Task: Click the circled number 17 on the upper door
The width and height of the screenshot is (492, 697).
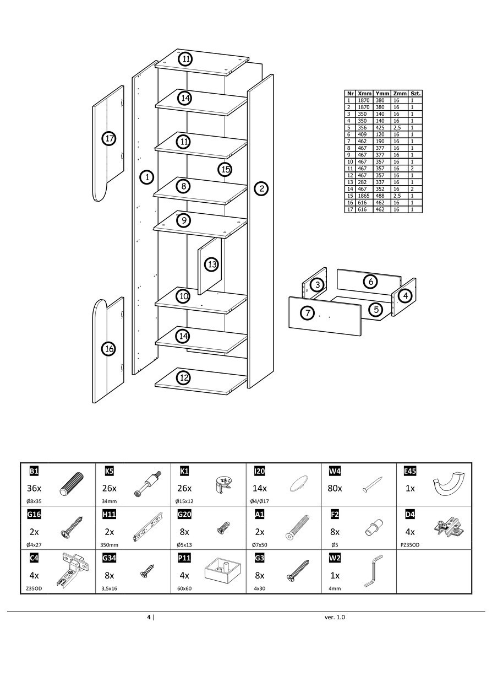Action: pyautogui.click(x=109, y=138)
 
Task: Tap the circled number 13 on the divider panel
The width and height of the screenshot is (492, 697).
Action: pyautogui.click(x=212, y=265)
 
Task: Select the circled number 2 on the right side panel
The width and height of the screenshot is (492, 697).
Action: pyautogui.click(x=261, y=189)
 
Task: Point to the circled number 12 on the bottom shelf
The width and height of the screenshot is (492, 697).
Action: pyautogui.click(x=184, y=377)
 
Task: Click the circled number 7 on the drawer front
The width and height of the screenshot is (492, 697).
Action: pyautogui.click(x=307, y=313)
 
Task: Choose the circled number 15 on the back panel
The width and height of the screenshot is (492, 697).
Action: pyautogui.click(x=225, y=169)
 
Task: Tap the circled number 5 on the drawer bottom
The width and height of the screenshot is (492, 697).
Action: pyautogui.click(x=376, y=309)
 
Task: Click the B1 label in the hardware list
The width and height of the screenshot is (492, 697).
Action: pyautogui.click(x=34, y=471)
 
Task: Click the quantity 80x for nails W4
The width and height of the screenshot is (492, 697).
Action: pyautogui.click(x=335, y=488)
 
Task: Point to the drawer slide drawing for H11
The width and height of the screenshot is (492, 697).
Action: pyautogui.click(x=149, y=528)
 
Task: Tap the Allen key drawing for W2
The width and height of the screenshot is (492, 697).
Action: pyautogui.click(x=373, y=571)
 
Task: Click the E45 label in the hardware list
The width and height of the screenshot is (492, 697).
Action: pyautogui.click(x=410, y=471)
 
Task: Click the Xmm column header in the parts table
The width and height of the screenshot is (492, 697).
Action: pyautogui.click(x=365, y=94)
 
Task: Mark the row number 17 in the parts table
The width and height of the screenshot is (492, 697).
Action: pyautogui.click(x=349, y=209)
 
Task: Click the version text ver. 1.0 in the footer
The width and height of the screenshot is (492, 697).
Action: pyautogui.click(x=335, y=617)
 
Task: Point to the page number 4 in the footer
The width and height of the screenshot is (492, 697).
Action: pyautogui.click(x=149, y=617)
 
